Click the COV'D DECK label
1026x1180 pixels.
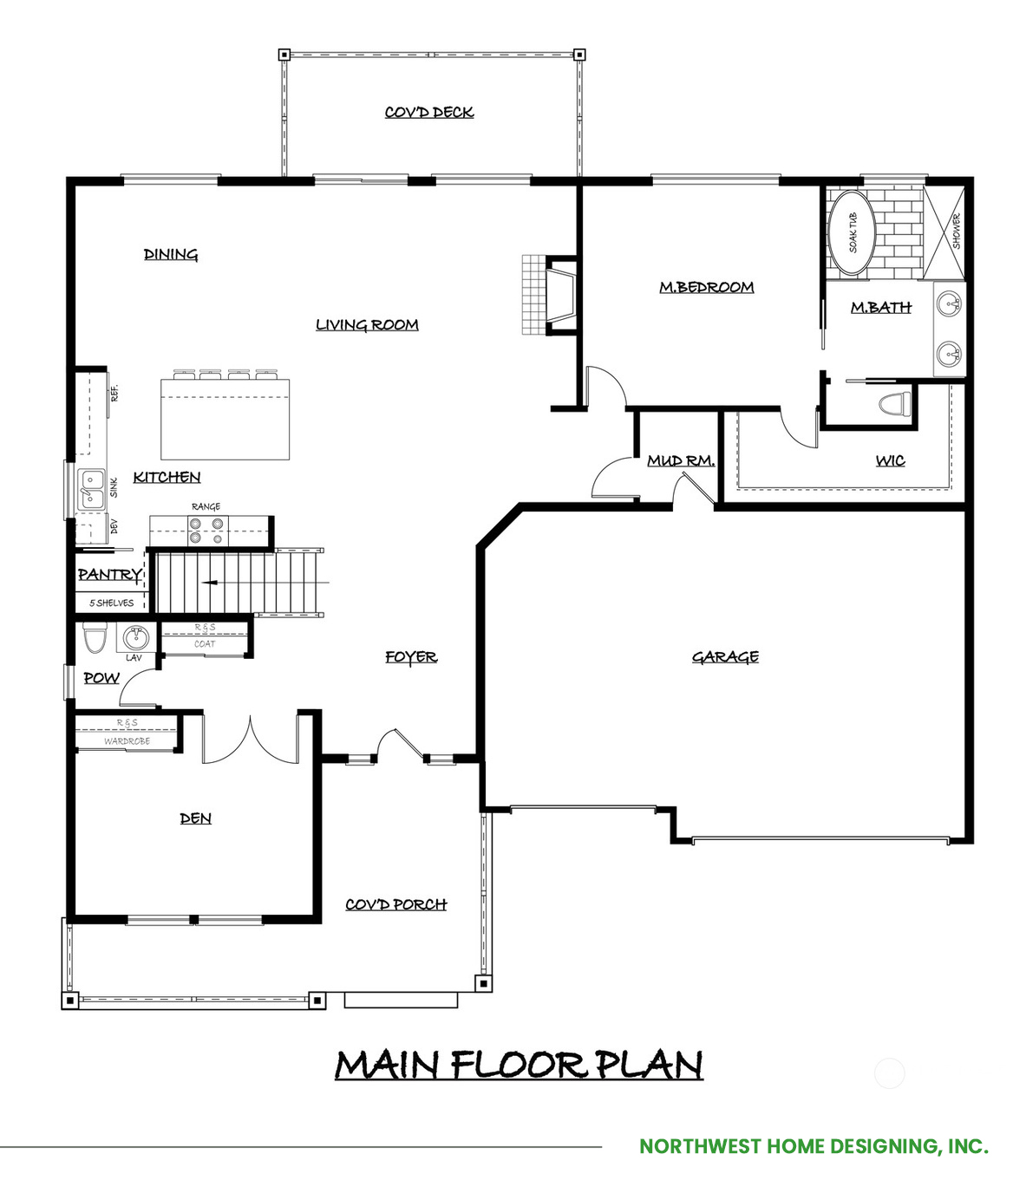[x=428, y=112]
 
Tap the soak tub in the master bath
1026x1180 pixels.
[x=852, y=232]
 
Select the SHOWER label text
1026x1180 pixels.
[x=957, y=231]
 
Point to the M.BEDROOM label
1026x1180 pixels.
[x=706, y=287]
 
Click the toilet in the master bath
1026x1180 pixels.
[x=894, y=403]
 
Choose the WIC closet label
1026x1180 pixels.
[x=890, y=460]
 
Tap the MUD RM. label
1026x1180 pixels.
[x=681, y=460]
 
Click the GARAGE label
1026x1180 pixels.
[x=725, y=657]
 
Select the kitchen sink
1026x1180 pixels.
[x=92, y=490]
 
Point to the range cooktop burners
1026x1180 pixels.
[x=206, y=531]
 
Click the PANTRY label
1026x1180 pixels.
[x=109, y=575]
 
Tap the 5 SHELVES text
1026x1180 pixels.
[x=111, y=603]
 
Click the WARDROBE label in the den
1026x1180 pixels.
[x=127, y=741]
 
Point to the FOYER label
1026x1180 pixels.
[x=411, y=657]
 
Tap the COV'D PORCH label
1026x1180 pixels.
[x=395, y=904]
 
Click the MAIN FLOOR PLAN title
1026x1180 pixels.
[x=519, y=1065]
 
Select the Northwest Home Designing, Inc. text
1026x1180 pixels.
[x=814, y=1146]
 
